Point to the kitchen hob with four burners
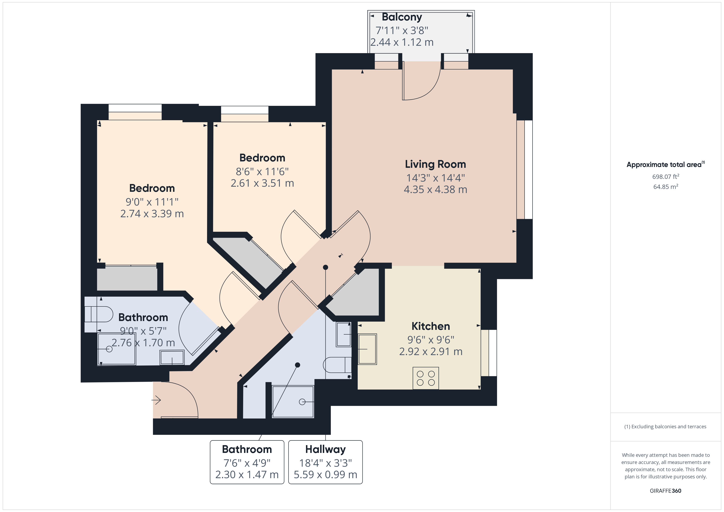(x=425, y=378)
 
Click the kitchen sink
(x=367, y=349)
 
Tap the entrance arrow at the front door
(x=156, y=400)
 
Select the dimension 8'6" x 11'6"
(x=262, y=172)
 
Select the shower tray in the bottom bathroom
(x=293, y=402)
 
